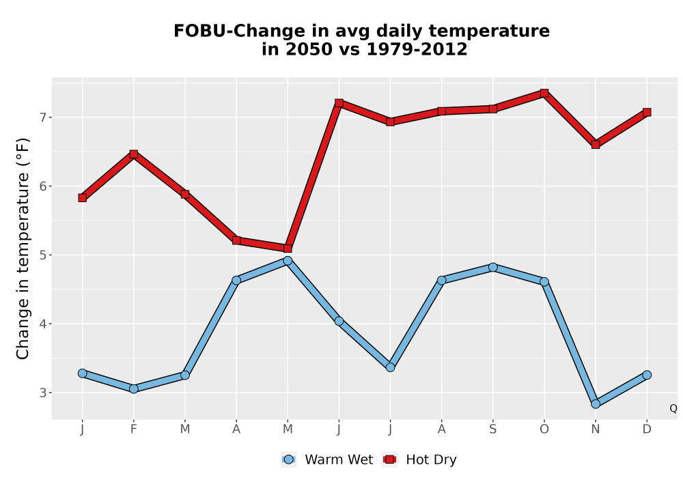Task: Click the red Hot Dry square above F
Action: point(134,154)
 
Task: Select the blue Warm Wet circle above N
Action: point(596,404)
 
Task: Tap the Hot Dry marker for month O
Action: point(544,93)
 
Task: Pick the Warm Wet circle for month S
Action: point(492,267)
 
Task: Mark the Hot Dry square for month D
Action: point(647,112)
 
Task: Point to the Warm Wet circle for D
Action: point(647,375)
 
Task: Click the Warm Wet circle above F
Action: point(134,389)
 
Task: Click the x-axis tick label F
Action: point(134,430)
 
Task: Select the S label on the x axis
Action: point(492,430)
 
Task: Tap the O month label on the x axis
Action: point(544,430)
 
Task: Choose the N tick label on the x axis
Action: point(596,430)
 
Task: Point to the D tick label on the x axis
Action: point(647,430)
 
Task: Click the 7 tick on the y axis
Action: point(42,117)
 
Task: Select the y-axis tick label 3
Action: point(42,393)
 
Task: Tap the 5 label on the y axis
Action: point(42,255)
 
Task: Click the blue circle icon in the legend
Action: point(288,460)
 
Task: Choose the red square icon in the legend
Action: point(389,460)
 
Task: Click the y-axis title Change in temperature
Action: point(23,249)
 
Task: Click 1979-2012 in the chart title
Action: point(417,49)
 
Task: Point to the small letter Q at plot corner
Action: point(673,408)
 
